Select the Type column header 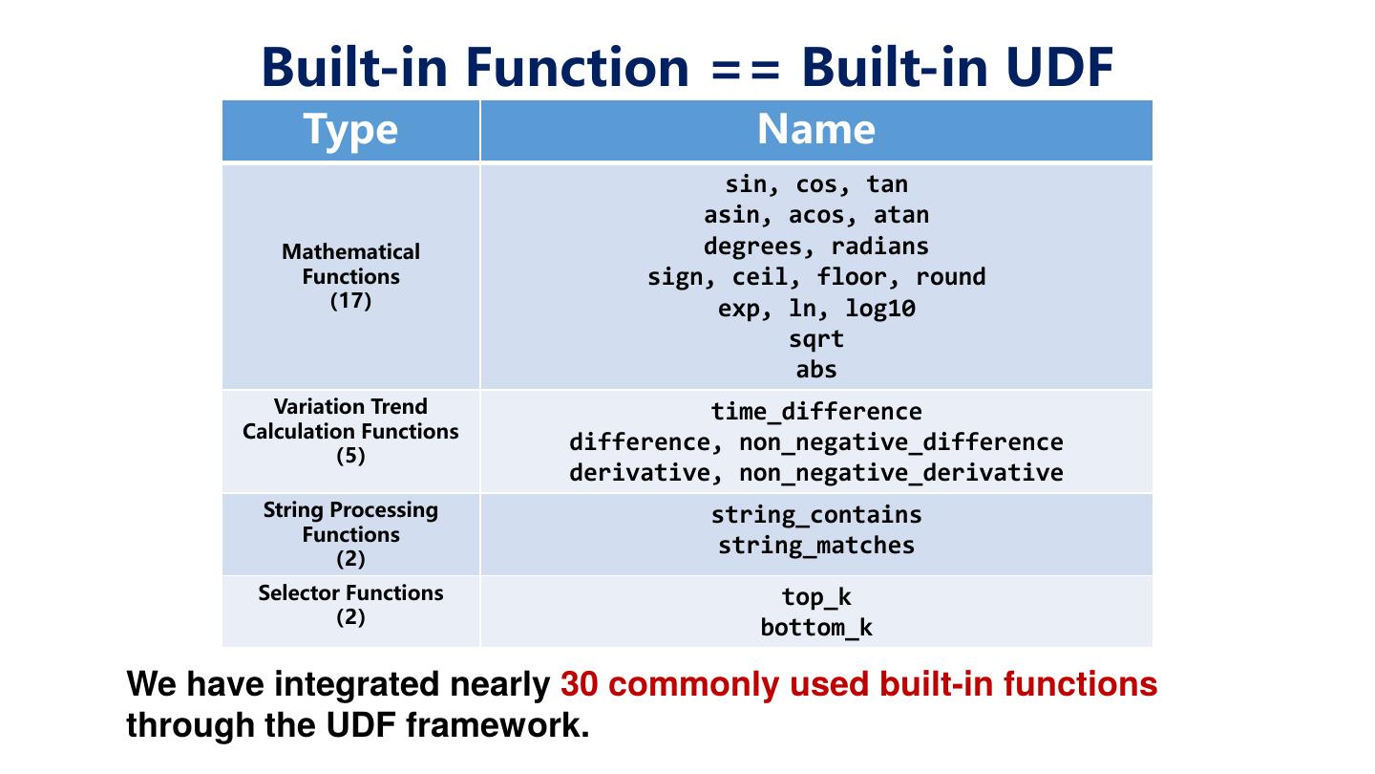pos(350,130)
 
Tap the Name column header pos(815,130)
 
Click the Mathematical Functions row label pos(350,264)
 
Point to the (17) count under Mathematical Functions pos(350,301)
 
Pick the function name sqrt pos(816,339)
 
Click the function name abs pos(816,370)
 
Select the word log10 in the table pos(880,309)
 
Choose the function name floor pos(852,277)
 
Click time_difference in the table pos(816,412)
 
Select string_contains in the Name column pos(816,515)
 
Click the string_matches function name pos(816,546)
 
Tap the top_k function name pos(816,597)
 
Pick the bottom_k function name pos(816,628)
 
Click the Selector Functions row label pos(350,593)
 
